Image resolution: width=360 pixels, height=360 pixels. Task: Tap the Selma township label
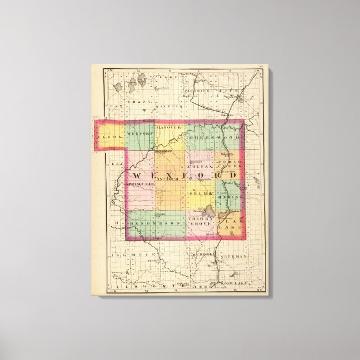pyautogui.click(x=205, y=193)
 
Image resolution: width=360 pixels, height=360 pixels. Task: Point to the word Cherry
pyautogui.click(x=198, y=218)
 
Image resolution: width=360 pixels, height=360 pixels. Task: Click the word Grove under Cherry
pyautogui.click(x=198, y=224)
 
